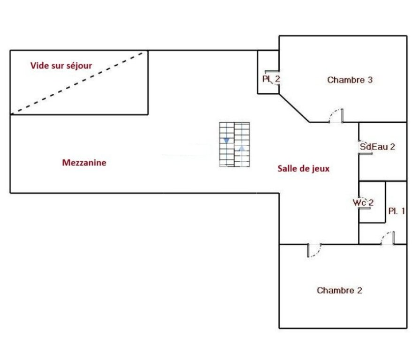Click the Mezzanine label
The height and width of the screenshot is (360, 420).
[x=84, y=163]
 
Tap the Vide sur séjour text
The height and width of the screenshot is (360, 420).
[x=61, y=66]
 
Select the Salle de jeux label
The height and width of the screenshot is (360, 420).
[x=303, y=168]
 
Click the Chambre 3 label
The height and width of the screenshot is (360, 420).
[x=350, y=80]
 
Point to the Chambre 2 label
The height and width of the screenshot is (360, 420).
[x=339, y=290]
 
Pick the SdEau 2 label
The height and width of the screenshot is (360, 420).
[x=377, y=147]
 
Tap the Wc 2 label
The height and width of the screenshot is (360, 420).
[x=363, y=202]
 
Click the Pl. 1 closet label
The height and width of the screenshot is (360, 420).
[x=397, y=211]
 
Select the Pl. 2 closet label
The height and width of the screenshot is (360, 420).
[x=271, y=79]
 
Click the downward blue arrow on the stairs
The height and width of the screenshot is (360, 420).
[x=227, y=141]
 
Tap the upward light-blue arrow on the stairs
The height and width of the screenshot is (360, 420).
[x=242, y=148]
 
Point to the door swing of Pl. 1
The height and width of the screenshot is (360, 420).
[x=385, y=235]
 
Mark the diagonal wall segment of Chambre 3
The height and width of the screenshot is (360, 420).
[x=294, y=108]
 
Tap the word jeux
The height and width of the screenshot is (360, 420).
[x=321, y=169]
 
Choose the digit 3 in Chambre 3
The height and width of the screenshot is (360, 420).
[x=370, y=80]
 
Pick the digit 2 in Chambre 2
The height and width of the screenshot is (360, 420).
[x=359, y=290]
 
